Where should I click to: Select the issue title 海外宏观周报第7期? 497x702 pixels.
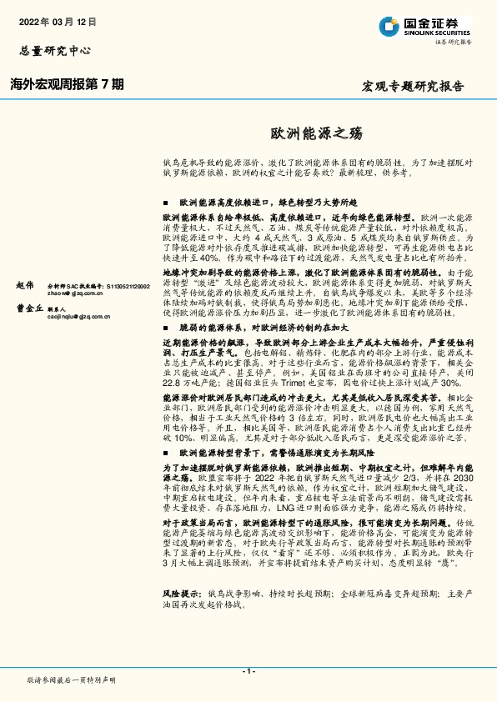(68, 84)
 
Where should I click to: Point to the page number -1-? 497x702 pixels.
(248, 670)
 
